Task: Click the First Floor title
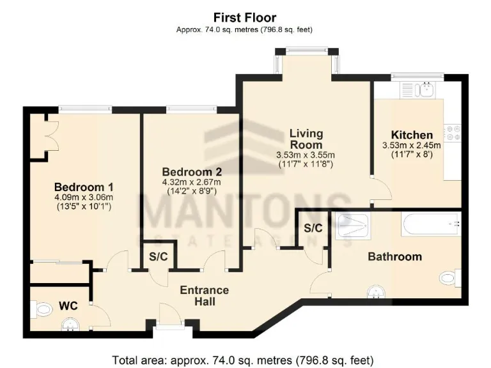245,17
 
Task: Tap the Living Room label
306,139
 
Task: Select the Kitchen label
412,135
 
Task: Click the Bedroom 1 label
83,187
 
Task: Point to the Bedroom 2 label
191,172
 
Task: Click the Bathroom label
394,256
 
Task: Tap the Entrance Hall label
204,295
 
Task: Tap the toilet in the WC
42,310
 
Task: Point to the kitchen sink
423,89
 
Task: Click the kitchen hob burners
453,133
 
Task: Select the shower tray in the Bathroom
352,226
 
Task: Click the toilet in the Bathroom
451,279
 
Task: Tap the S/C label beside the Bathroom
313,228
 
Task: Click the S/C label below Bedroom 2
158,257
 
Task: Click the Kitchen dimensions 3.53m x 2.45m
412,145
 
